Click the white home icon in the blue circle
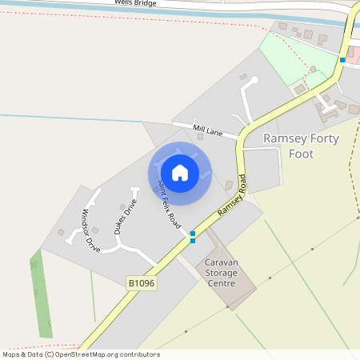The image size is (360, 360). pos(180,172)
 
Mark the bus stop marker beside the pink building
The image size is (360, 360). pos(342,60)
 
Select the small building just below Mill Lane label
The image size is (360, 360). pos(200,137)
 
